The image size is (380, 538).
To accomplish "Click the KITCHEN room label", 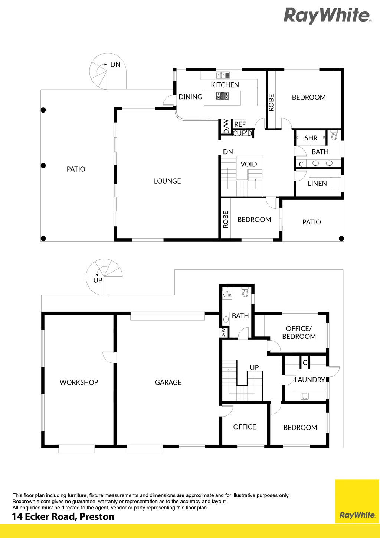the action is click(x=225, y=85).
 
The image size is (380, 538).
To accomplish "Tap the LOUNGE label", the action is click(x=167, y=181).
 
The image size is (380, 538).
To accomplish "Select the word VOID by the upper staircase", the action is click(x=249, y=164).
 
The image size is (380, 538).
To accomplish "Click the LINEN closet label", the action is click(x=317, y=184).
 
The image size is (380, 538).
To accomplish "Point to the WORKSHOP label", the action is click(x=79, y=382).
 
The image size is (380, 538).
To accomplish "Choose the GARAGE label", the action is click(x=168, y=382).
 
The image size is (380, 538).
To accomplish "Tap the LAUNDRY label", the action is click(x=310, y=380).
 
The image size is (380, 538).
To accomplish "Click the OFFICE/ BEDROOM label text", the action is click(x=299, y=333).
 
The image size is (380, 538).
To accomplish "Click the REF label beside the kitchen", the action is click(x=240, y=124).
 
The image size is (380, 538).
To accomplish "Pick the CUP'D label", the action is click(x=242, y=133).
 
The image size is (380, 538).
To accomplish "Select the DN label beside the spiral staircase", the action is click(x=115, y=64).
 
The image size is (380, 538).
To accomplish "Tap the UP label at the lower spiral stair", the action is click(x=98, y=280).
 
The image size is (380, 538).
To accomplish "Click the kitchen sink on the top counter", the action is click(x=223, y=75).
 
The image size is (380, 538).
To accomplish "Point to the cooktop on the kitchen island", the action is click(x=222, y=96).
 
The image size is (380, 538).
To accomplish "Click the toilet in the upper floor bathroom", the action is click(x=334, y=136).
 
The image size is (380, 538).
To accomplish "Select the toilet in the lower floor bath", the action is click(x=245, y=292).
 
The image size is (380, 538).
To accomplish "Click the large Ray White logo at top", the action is click(x=327, y=15).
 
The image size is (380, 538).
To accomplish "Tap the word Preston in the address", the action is click(x=97, y=516).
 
